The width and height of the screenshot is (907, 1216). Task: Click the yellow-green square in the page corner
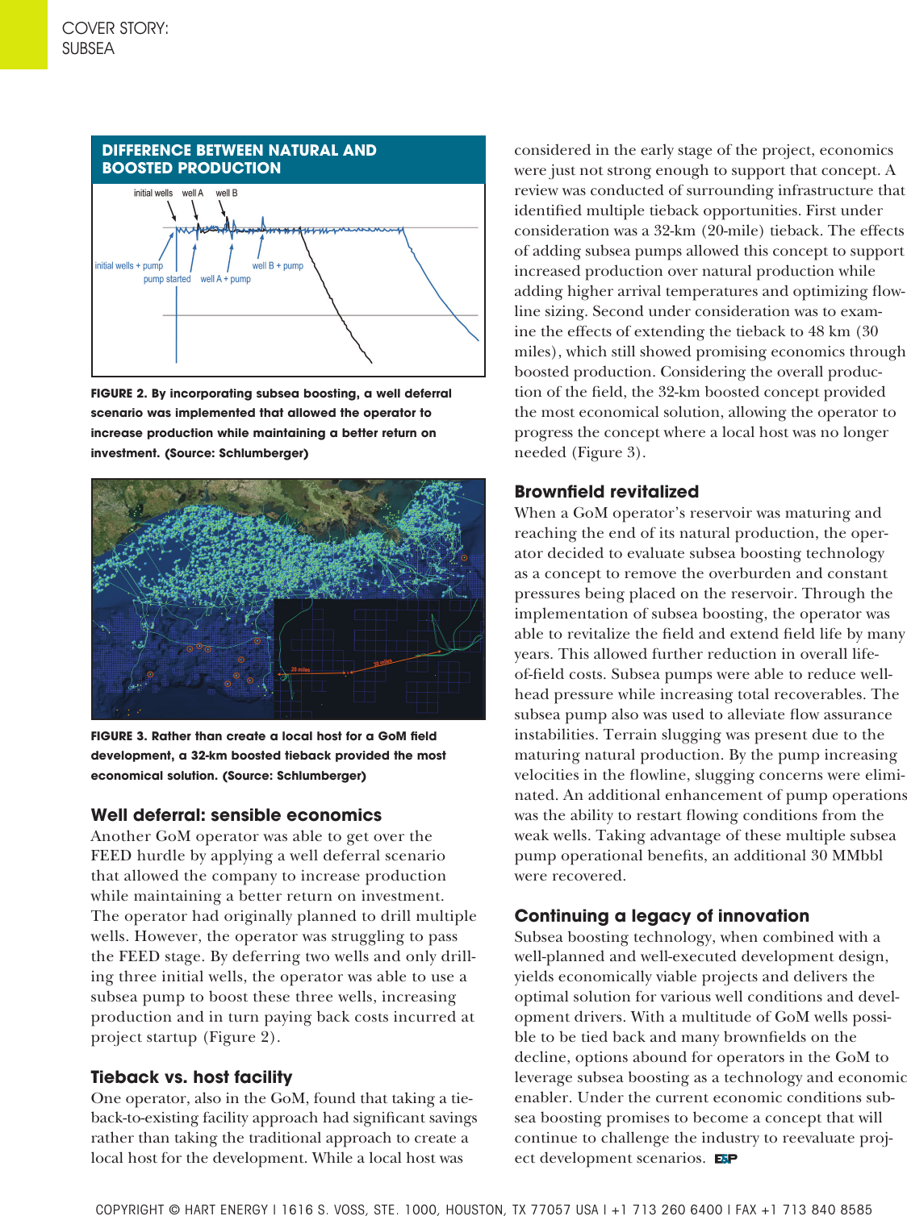[23, 34]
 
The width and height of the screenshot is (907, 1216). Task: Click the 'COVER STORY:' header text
[115, 28]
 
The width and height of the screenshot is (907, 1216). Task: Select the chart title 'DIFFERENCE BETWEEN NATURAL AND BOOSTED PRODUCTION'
[239, 159]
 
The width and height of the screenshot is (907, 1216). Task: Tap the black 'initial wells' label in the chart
[153, 194]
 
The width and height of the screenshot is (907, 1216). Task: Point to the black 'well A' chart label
[193, 194]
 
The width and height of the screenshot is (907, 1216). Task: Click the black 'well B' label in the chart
[227, 194]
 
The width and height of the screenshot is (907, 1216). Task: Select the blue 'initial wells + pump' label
[128, 266]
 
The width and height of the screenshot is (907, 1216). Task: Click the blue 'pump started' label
[167, 280]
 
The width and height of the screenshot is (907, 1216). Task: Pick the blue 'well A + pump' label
[226, 280]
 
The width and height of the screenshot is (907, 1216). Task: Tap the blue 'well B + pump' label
[278, 266]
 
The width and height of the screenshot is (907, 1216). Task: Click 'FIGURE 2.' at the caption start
[119, 394]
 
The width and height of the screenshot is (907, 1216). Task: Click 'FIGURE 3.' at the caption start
[119, 736]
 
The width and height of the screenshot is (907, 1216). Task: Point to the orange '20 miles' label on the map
[300, 669]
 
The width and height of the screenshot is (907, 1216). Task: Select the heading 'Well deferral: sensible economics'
[236, 815]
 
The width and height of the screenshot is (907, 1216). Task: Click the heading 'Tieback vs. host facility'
[191, 1077]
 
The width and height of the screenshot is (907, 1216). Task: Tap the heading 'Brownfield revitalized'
[606, 492]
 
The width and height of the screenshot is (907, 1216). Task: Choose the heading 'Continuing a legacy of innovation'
[662, 916]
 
